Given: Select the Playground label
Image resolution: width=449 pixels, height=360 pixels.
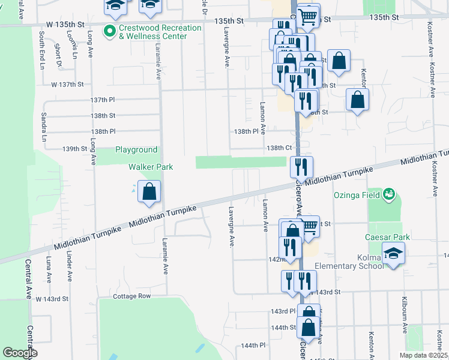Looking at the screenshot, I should click(136, 150).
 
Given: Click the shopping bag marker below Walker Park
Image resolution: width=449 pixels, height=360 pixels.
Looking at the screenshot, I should click(149, 191).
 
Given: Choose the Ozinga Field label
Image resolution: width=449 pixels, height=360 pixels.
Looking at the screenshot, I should click(358, 195).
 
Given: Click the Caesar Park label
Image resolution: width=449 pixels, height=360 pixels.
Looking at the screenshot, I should click(387, 237).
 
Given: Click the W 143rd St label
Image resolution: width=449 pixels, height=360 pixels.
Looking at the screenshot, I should click(52, 298).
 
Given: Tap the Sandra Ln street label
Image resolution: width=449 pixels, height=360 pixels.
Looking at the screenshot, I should click(44, 124).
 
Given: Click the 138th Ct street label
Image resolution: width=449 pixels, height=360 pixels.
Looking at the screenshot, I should click(279, 148).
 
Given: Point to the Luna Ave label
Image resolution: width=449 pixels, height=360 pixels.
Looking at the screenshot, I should click(49, 269).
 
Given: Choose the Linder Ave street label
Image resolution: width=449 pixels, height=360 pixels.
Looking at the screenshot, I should click(70, 269).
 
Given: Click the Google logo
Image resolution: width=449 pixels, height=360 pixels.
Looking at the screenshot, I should click(20, 353).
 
